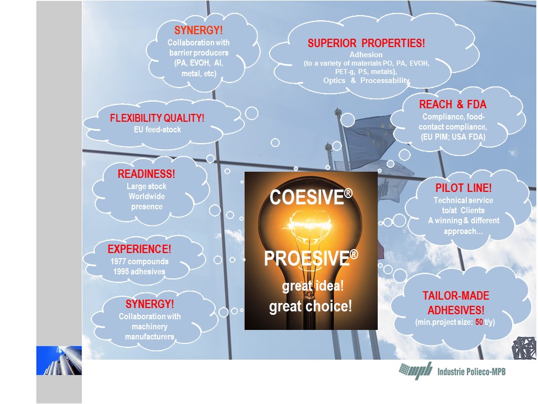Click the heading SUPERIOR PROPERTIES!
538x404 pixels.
pos(366,43)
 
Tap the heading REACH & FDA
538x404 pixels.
pos(453,104)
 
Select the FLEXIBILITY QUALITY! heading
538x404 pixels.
pos(157,118)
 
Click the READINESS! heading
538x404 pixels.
pos(146,174)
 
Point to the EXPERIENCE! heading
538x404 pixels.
pos(139,249)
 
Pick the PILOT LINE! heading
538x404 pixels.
pos(463,188)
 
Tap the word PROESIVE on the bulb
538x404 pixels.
pos(307,258)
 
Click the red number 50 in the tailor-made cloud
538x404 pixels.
pos(479,322)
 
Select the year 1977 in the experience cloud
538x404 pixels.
pos(118,261)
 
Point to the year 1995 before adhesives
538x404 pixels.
pos(121,272)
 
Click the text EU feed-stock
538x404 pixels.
pos(157,130)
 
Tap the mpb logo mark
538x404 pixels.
pos(416,371)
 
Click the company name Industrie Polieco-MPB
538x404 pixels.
pos(471,371)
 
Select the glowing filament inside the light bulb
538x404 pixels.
pos(310,224)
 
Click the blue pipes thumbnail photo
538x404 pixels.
pos(59,360)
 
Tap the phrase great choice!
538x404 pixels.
pos(310,306)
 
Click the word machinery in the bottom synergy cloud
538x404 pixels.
pos(150,327)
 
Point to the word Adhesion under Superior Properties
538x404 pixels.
pos(366,54)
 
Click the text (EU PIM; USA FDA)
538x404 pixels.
pos(453,137)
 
